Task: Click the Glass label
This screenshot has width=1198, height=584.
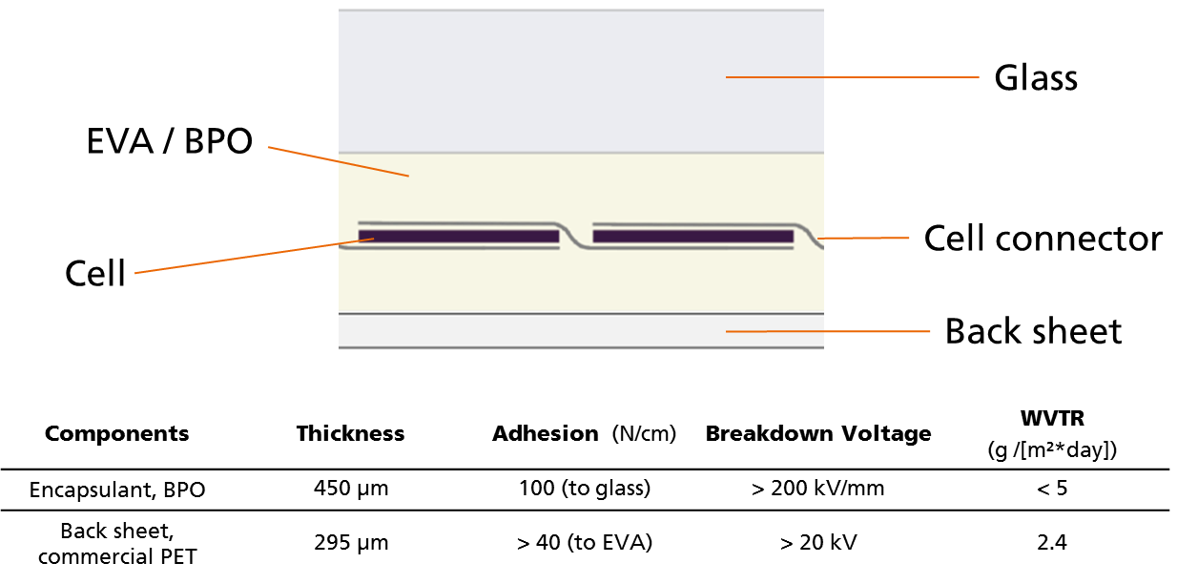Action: [x=1036, y=78]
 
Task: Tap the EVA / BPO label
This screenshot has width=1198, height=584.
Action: [x=169, y=141]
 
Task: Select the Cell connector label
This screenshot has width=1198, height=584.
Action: [x=1043, y=239]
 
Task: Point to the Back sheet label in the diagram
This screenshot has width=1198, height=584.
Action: [x=1033, y=331]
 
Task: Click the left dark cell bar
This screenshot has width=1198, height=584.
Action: [x=459, y=236]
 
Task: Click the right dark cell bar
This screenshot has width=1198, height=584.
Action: [x=693, y=236]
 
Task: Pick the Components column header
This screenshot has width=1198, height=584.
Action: [x=116, y=433]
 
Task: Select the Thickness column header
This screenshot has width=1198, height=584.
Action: [x=350, y=433]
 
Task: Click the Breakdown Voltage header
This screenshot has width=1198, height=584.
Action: [x=818, y=433]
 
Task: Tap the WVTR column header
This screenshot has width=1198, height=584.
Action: [x=1052, y=419]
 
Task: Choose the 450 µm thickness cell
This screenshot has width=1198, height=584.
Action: [x=351, y=489]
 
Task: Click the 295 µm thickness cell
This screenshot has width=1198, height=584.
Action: [x=351, y=543]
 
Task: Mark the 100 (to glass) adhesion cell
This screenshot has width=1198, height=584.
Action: [x=585, y=489]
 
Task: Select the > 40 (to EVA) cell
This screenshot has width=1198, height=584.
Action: [x=585, y=543]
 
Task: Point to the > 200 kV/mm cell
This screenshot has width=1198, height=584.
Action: [x=817, y=489]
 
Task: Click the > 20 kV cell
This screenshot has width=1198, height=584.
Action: [x=818, y=543]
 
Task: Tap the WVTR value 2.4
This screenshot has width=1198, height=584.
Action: [x=1052, y=543]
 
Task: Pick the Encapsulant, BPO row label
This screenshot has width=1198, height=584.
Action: [x=117, y=490]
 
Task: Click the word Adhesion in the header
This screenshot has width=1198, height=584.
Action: [x=545, y=433]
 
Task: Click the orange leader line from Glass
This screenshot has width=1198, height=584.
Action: [x=852, y=77]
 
